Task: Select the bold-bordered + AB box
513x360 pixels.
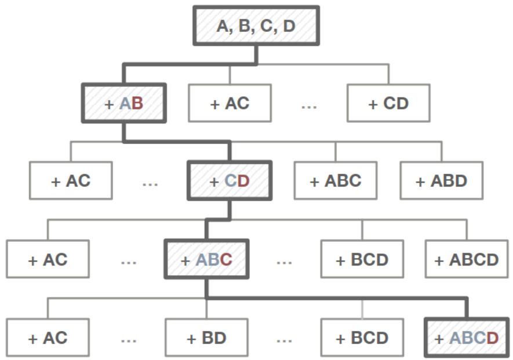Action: pos(124,104)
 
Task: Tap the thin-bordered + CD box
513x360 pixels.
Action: pos(388,104)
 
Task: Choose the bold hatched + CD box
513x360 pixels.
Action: pos(229,180)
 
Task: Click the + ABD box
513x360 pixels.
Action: pos(441,180)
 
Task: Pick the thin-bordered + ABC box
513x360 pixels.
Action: pos(335,180)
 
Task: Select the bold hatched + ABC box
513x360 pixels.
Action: pos(206,259)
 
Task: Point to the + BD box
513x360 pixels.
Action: pos(206,337)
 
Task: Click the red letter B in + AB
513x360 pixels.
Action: pos(137,104)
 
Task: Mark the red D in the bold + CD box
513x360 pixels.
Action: pos(243,180)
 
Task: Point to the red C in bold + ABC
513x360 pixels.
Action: pos(226,259)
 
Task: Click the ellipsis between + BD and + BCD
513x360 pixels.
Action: pos(284,340)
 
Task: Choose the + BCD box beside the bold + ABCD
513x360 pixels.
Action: pos(362,337)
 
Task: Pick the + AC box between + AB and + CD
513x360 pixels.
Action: pos(230,104)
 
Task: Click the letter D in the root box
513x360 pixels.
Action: pos(289,26)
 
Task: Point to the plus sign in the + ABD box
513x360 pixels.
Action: pos(421,181)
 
